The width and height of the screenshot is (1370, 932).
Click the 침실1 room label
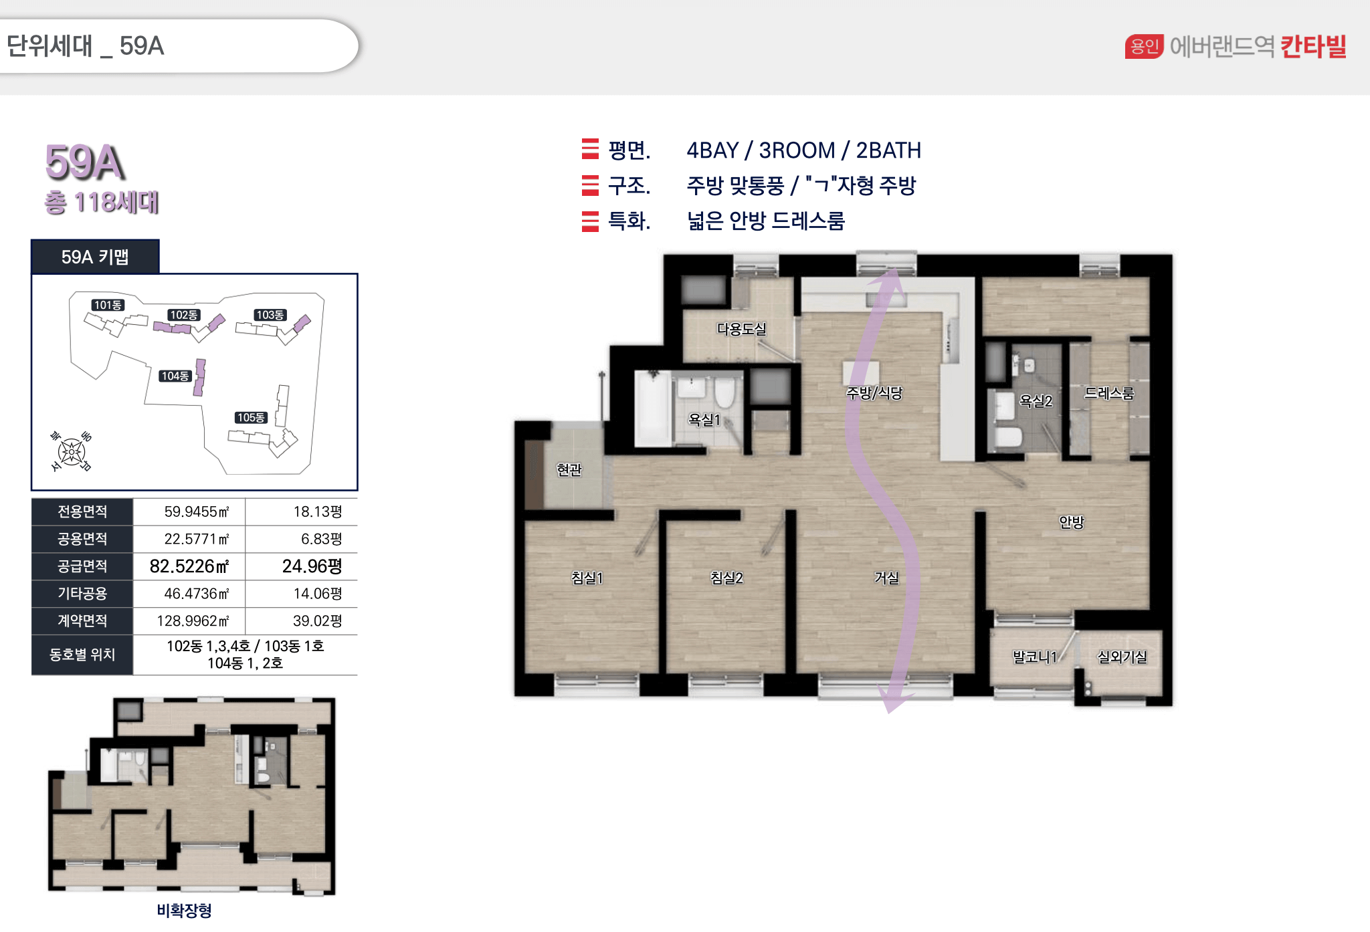coord(587,578)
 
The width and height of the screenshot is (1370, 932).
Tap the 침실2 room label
coord(726,578)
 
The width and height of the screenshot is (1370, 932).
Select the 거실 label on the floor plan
coord(887,578)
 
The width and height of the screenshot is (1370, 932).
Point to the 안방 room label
coord(1071,522)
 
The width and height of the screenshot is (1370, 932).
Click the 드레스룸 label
coord(1109,393)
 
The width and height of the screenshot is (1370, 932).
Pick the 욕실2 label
coord(1036,401)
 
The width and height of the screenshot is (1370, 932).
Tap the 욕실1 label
coord(704,420)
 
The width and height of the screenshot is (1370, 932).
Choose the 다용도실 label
coord(741,329)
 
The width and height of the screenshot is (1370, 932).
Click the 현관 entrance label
coord(569,470)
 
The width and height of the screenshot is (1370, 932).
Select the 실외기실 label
coord(1122,657)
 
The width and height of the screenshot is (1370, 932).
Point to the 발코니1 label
coord(1035,657)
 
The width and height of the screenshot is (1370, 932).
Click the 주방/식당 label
coord(874,393)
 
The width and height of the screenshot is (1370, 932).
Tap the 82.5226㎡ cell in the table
coord(189,566)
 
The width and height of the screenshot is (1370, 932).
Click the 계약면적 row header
coord(82,620)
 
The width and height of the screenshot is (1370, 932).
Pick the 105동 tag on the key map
coord(251,418)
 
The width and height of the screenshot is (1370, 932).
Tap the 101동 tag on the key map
coord(108,305)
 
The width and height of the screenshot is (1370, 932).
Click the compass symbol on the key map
coord(71,452)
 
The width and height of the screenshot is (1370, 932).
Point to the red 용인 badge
coord(1145,46)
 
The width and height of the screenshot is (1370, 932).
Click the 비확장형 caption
coord(184,910)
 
